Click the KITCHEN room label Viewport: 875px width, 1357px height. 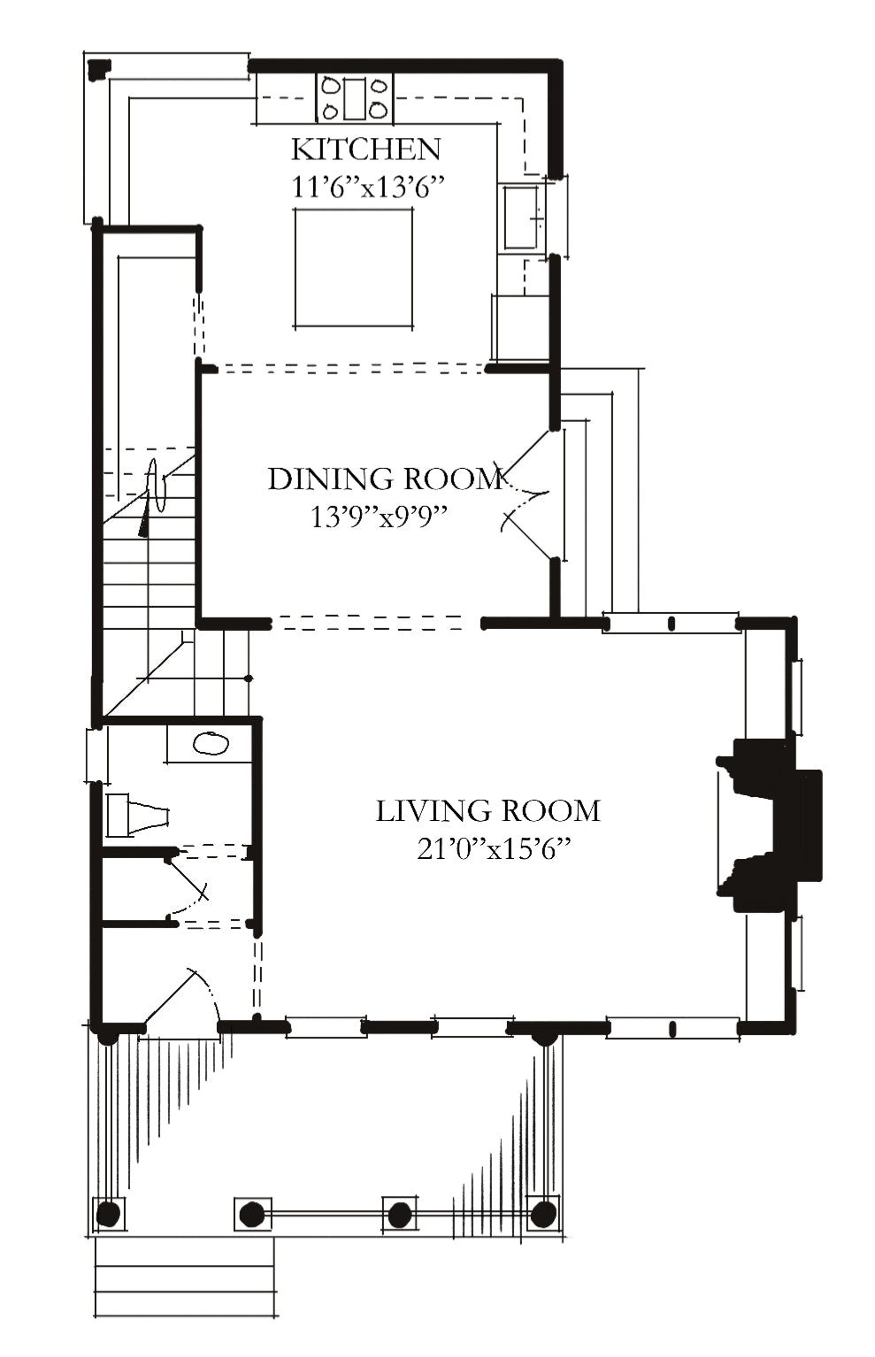click(x=366, y=149)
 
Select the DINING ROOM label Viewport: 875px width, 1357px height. click(x=386, y=479)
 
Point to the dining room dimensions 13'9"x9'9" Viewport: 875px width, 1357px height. click(x=379, y=517)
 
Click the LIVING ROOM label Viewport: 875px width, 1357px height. click(x=487, y=811)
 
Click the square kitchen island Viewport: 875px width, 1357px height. click(x=353, y=268)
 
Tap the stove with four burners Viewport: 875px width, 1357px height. click(x=354, y=97)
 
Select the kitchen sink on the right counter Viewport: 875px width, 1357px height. click(x=521, y=217)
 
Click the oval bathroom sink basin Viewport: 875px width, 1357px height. click(x=211, y=744)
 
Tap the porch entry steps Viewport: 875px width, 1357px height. click(x=185, y=1269)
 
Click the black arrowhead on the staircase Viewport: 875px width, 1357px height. click(x=143, y=521)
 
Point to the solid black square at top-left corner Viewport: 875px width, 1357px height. click(x=99, y=69)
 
